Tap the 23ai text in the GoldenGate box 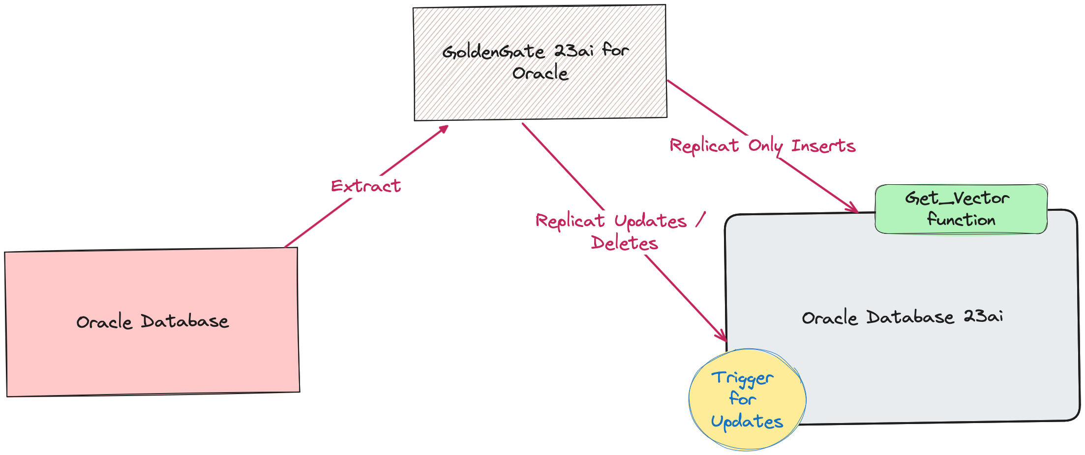[x=574, y=50]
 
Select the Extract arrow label [x=366, y=186]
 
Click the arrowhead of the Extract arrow [x=444, y=129]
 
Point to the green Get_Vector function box [x=961, y=209]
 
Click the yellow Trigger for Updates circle [x=747, y=399]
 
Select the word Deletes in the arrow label [x=624, y=243]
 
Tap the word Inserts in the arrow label [x=823, y=146]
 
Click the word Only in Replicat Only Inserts [x=765, y=146]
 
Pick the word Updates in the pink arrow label [x=650, y=222]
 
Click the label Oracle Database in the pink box [x=152, y=322]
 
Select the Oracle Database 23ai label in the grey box [x=903, y=317]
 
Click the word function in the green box [x=961, y=220]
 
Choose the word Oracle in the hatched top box [x=540, y=74]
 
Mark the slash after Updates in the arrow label [x=701, y=220]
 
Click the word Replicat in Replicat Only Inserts [x=704, y=146]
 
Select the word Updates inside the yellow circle [x=747, y=422]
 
